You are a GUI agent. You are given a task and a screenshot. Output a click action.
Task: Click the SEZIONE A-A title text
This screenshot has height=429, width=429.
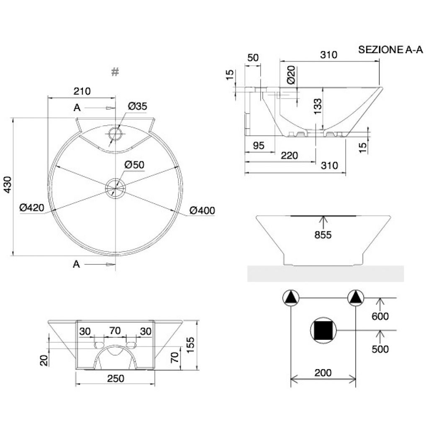tap(390, 50)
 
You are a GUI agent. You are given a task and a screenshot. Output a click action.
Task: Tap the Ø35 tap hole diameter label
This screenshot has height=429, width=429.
tap(137, 106)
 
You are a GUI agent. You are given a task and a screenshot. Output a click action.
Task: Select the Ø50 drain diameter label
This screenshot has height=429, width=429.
tap(134, 165)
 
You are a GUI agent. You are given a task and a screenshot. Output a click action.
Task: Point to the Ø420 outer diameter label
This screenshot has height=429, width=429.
tap(32, 208)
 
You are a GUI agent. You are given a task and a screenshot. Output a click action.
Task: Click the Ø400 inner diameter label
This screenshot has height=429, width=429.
tap(202, 210)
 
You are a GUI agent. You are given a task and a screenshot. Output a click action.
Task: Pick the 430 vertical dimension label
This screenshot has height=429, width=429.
tap(8, 185)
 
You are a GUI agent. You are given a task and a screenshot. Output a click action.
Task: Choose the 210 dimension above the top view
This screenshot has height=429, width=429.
tap(82, 91)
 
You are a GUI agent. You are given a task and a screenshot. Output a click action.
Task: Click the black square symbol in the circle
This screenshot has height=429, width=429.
tap(323, 331)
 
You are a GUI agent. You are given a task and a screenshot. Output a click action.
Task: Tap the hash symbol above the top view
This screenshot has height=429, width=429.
tap(115, 72)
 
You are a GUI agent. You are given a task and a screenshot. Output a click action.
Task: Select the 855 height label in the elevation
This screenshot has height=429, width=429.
tap(323, 235)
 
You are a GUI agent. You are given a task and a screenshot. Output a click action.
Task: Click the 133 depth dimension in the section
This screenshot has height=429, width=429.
tap(318, 106)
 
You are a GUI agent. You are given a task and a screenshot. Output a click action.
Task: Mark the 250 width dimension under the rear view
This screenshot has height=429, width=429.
tap(116, 378)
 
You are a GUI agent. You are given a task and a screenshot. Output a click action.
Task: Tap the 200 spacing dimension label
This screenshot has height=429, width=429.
tap(323, 372)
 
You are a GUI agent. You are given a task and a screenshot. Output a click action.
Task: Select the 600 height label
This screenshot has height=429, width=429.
tap(380, 316)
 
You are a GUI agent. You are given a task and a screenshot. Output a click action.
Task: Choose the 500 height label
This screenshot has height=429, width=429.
tap(380, 349)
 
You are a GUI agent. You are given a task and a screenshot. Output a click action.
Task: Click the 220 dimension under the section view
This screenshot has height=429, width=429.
tap(289, 155)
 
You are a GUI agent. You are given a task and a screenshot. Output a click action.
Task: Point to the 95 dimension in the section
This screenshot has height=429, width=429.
tap(258, 145)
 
